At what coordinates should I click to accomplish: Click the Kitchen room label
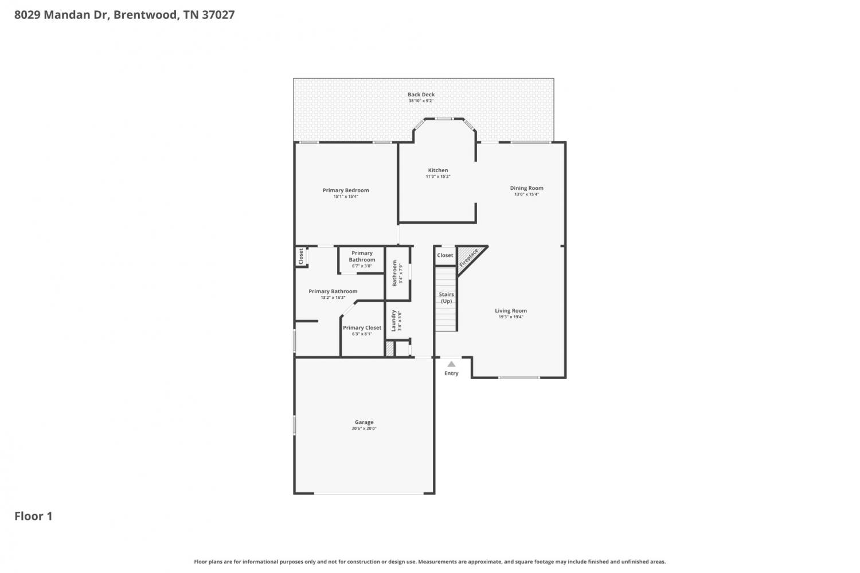pos(438,170)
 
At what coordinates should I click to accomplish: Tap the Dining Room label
pos(526,188)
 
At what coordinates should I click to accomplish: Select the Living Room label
pos(511,311)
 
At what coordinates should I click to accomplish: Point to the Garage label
pos(364,422)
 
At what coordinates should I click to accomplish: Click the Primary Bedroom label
pos(346,190)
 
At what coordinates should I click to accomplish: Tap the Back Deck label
pos(421,95)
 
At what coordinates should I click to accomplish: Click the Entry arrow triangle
pos(452,364)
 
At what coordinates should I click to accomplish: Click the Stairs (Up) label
pos(446,298)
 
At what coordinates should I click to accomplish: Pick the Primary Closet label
pos(362,328)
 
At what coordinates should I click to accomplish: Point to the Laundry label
pos(393,321)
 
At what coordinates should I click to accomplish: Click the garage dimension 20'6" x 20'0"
pos(364,428)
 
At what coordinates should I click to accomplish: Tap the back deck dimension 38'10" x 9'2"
pos(421,101)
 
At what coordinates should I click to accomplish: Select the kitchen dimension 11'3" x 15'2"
pos(438,177)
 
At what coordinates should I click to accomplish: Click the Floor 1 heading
pos(33,516)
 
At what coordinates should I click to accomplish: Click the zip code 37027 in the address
pos(218,15)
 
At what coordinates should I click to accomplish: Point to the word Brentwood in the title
pos(146,15)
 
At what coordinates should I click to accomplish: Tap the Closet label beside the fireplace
pos(445,255)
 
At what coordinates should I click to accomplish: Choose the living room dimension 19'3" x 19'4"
pos(511,317)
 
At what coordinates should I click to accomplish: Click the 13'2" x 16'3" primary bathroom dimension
pos(333,298)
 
